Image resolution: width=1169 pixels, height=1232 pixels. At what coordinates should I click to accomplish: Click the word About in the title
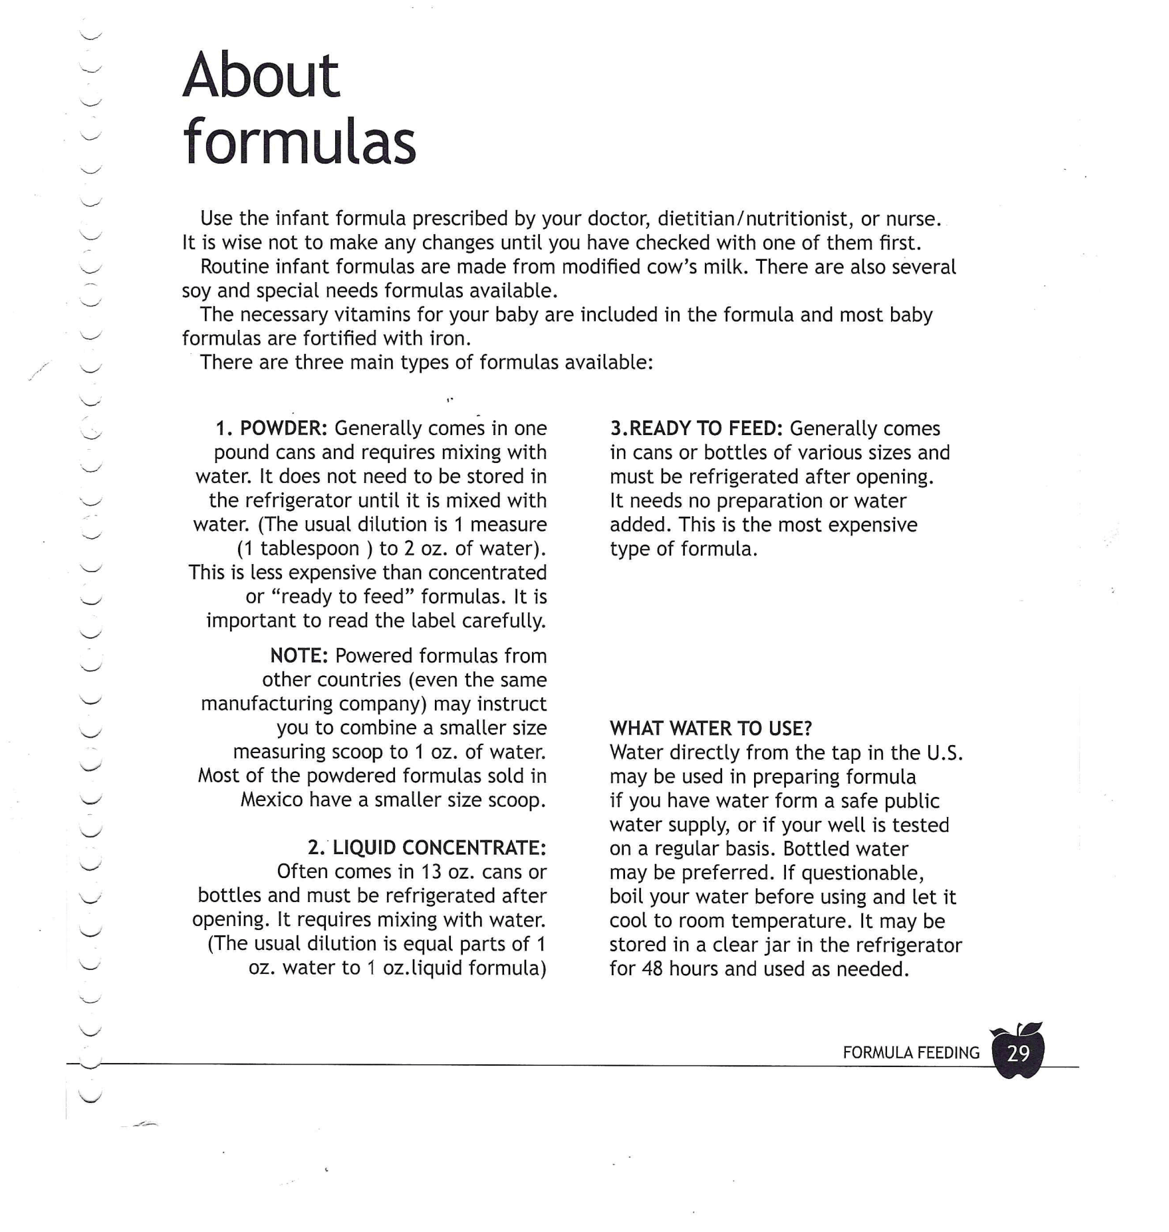(x=261, y=76)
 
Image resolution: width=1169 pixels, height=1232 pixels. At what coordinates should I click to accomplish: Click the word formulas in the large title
(x=299, y=142)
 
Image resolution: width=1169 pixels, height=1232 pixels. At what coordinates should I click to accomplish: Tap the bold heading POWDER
(x=283, y=428)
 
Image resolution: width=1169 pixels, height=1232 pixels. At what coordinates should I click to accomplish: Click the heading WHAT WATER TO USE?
(x=711, y=728)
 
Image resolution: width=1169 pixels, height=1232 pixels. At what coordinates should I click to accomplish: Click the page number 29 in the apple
(x=1018, y=1053)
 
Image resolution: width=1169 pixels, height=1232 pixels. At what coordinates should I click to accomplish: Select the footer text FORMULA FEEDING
(x=911, y=1053)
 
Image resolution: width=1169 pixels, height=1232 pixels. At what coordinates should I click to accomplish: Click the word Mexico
(x=271, y=800)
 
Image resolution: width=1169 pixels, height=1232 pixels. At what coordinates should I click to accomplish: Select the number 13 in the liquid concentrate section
(x=432, y=871)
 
